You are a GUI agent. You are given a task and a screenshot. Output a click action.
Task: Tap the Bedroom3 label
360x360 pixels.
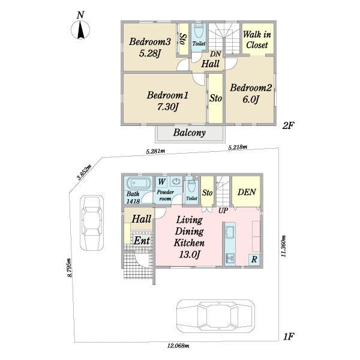(x=149, y=42)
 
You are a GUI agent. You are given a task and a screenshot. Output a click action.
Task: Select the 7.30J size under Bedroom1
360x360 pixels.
(x=168, y=107)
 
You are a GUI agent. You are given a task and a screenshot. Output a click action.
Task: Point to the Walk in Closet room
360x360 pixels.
(x=258, y=39)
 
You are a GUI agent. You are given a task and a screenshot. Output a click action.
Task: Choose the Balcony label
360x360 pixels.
(x=189, y=133)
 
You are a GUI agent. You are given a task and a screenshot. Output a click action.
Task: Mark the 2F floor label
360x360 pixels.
(x=288, y=125)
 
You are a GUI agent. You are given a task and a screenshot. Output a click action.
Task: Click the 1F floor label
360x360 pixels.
(x=288, y=337)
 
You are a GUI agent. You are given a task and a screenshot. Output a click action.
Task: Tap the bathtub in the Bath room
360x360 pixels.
(x=138, y=184)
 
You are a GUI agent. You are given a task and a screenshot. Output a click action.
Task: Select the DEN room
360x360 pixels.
(x=246, y=191)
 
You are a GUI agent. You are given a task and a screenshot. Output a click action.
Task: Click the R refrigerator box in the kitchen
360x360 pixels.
(x=254, y=260)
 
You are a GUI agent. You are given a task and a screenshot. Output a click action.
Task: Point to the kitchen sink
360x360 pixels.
(x=230, y=232)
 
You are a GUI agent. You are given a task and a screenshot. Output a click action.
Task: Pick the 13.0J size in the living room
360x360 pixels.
(x=190, y=254)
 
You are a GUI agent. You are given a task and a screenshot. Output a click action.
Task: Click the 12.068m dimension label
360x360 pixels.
(x=178, y=346)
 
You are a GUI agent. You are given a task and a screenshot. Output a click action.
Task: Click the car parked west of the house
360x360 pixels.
(x=92, y=223)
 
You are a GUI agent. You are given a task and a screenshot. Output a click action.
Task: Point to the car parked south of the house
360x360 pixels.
(x=215, y=316)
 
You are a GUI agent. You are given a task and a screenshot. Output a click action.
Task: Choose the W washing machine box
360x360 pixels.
(x=161, y=182)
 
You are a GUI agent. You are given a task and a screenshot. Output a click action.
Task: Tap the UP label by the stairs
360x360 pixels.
(x=223, y=211)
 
